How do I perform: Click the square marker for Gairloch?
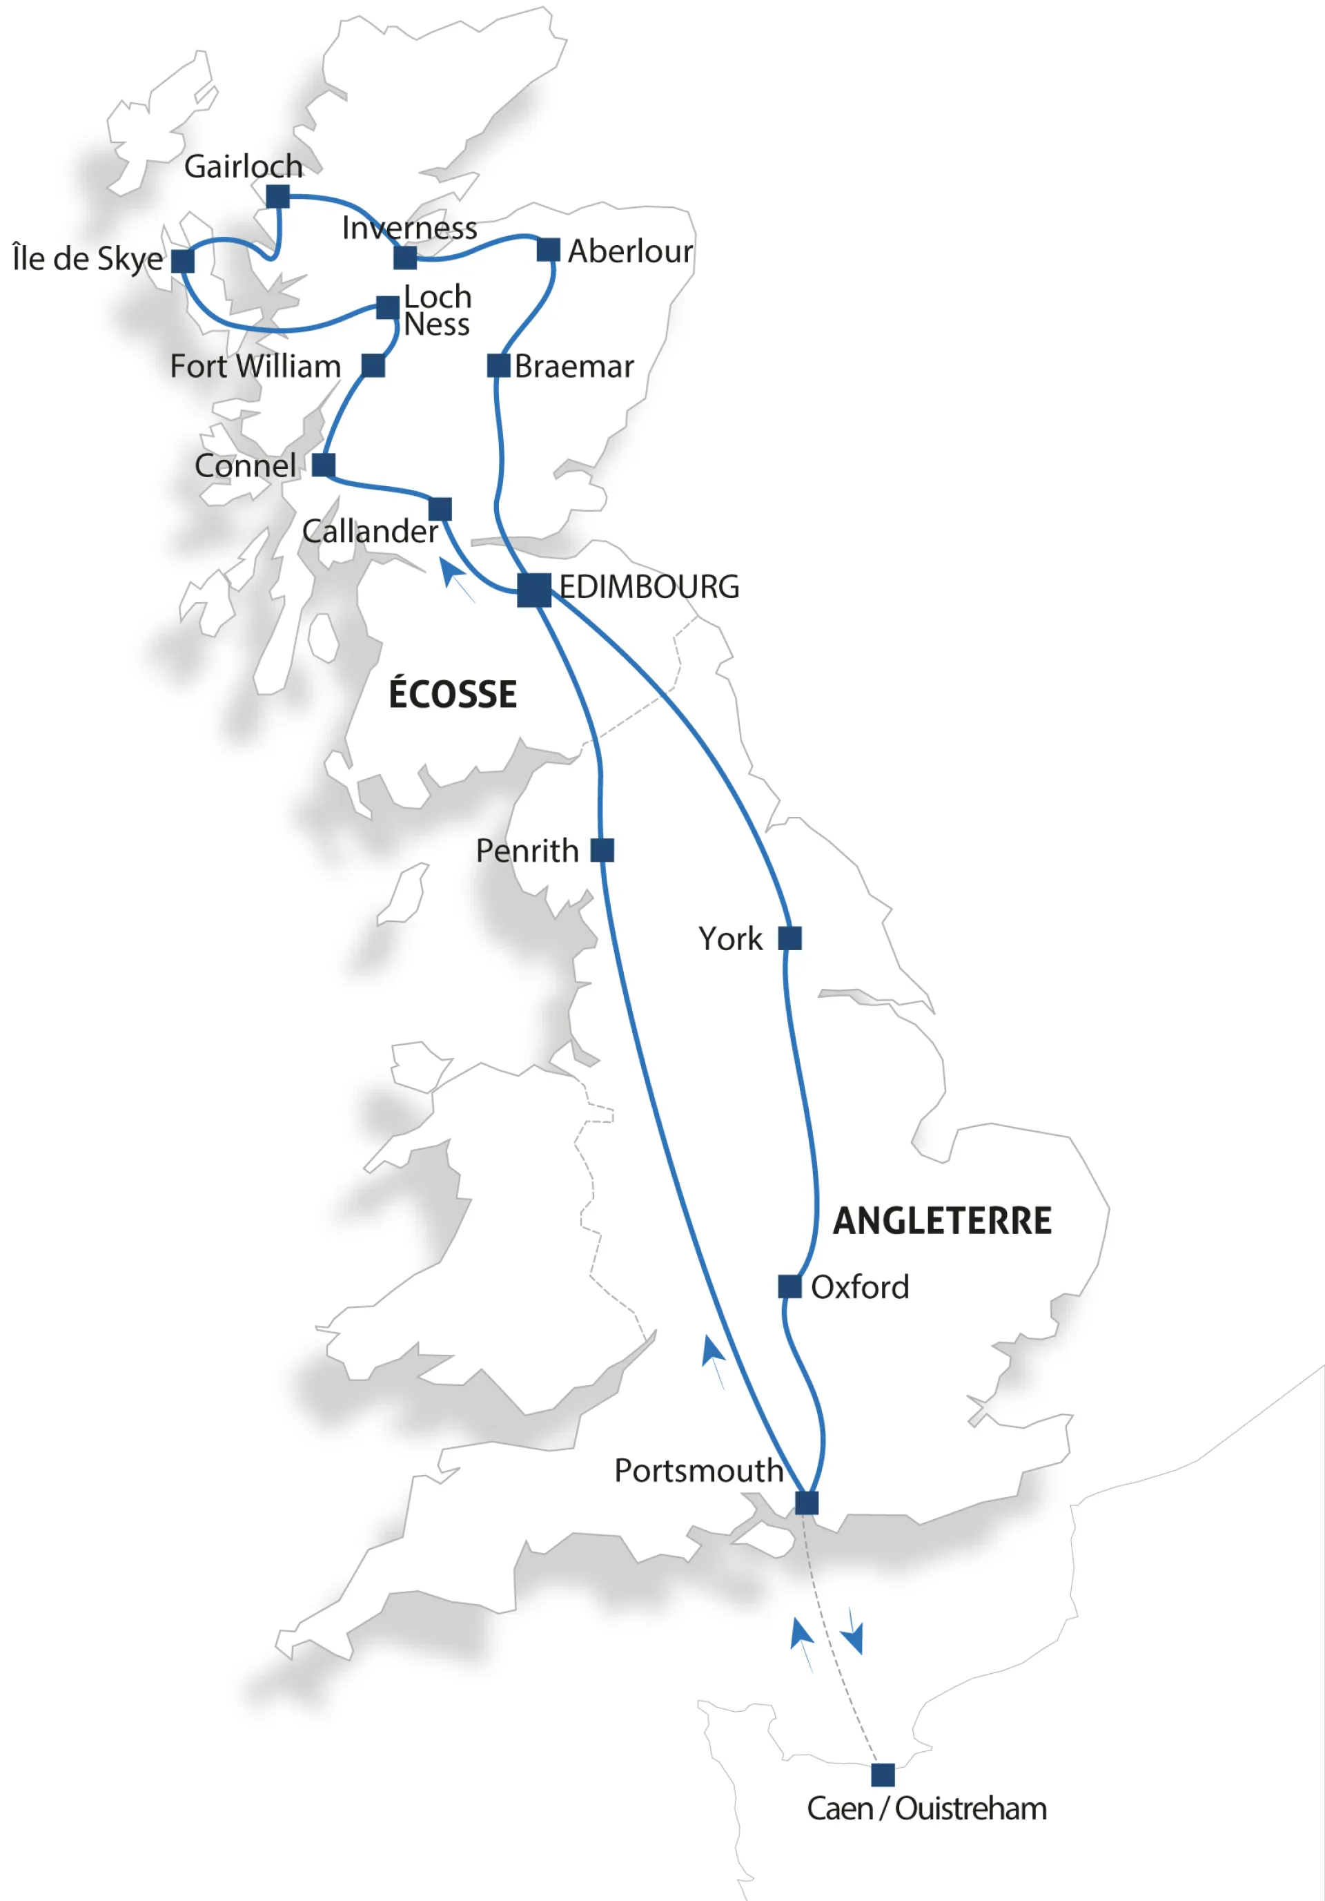[278, 196]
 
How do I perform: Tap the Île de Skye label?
[88, 258]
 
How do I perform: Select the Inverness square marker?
[404, 258]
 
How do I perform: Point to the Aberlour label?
[630, 251]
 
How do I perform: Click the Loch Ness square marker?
[387, 307]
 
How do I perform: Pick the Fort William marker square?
[373, 365]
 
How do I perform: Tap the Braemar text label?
[573, 366]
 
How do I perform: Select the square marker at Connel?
[324, 465]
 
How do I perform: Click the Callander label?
[370, 532]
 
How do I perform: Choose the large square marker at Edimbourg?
[534, 590]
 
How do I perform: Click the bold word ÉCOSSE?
[453, 694]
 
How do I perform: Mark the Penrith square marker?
[602, 850]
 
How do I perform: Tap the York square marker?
[790, 938]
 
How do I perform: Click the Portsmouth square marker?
[807, 1503]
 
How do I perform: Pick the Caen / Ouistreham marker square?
[883, 1775]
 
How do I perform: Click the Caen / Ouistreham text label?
[927, 1809]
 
